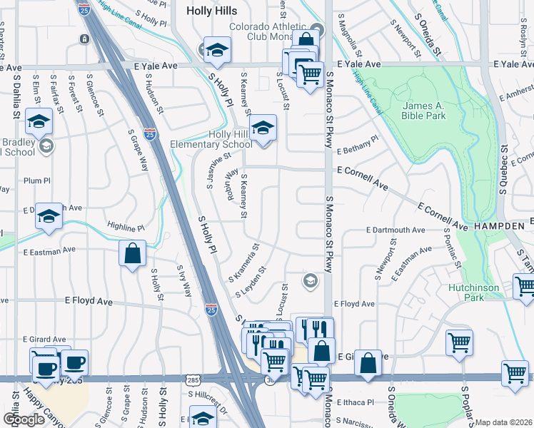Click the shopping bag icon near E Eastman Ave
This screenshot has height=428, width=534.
[x=133, y=254]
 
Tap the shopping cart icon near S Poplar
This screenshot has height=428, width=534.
[x=459, y=342]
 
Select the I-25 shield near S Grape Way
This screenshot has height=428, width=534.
[x=150, y=133]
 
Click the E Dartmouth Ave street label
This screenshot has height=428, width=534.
[x=395, y=230]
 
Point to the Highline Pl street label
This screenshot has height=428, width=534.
[x=126, y=227]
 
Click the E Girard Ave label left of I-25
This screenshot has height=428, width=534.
[x=44, y=339]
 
